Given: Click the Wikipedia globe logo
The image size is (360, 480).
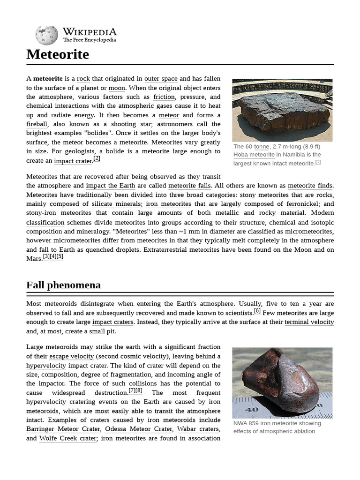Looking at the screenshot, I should [x=46, y=35].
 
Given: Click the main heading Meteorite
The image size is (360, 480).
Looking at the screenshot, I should [x=58, y=54].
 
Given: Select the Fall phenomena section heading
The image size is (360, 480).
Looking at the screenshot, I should [x=63, y=285].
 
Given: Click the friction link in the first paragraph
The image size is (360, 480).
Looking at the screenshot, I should [x=164, y=97].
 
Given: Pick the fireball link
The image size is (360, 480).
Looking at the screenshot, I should [x=37, y=124].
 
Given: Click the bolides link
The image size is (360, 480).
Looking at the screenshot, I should [x=97, y=134].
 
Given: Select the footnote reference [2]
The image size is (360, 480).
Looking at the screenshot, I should [x=97, y=158].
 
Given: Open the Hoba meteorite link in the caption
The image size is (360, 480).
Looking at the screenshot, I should [x=254, y=155].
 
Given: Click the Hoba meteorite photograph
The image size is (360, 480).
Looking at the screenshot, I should [x=282, y=110].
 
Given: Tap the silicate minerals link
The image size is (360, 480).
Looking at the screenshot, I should [x=116, y=204].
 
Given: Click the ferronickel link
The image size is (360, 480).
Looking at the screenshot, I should [x=303, y=204].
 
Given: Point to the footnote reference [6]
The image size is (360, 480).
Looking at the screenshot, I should [x=257, y=311].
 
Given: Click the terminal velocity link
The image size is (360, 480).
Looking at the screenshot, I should [x=309, y=322].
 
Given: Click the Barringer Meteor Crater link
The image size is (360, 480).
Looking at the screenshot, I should [x=63, y=429].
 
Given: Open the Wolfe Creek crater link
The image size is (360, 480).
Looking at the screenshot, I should [x=68, y=438].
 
